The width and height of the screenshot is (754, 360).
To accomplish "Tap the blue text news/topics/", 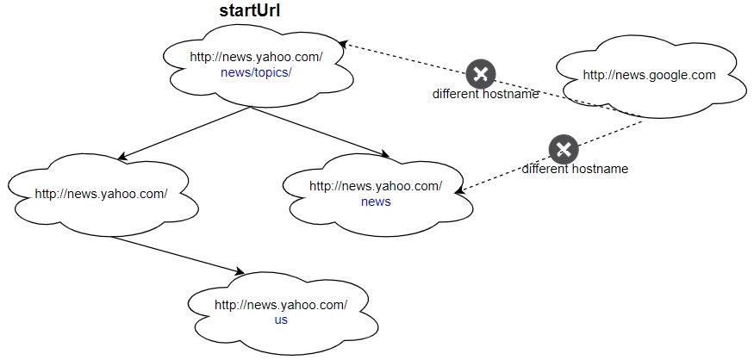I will (256, 72).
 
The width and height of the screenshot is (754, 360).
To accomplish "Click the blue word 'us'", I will (281, 320).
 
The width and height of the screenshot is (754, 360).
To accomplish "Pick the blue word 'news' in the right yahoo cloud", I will (376, 202).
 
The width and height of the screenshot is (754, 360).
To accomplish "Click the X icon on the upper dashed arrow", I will (481, 74).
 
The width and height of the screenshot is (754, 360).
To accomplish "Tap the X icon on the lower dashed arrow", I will (563, 149).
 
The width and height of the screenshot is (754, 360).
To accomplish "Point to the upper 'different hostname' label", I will (485, 94).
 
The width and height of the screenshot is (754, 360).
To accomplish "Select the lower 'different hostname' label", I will (575, 169).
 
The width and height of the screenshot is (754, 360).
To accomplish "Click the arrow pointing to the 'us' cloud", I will (178, 256).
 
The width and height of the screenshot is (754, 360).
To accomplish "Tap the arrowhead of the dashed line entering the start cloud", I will (343, 42).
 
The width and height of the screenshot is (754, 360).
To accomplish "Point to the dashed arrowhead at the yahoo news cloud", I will (462, 190).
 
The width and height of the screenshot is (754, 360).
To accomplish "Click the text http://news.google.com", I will (649, 75).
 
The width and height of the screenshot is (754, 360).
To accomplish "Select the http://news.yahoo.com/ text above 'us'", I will (281, 305).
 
